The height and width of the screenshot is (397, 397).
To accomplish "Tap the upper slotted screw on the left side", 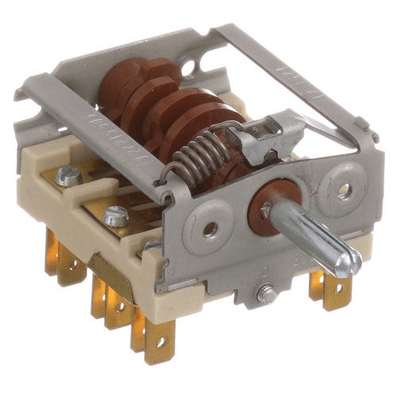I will click(69, 176).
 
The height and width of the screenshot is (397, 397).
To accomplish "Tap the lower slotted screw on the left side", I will click(117, 214).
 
